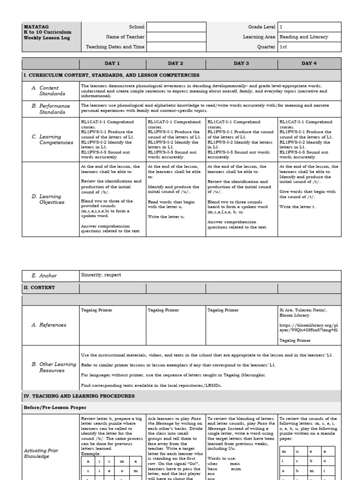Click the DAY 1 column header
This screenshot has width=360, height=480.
click(x=112, y=63)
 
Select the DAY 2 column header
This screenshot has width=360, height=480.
click(x=176, y=63)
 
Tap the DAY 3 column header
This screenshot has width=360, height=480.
click(x=241, y=63)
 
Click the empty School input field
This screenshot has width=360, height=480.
click(x=176, y=27)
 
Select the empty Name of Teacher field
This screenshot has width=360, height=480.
click(x=176, y=37)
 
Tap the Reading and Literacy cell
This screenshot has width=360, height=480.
click(x=304, y=37)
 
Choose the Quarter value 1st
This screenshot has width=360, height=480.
click(x=284, y=47)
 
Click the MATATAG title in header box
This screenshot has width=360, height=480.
click(x=32, y=27)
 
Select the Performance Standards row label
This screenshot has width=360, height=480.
click(x=52, y=109)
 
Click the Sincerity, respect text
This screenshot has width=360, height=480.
click(x=99, y=276)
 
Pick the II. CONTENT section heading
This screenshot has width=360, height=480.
click(x=39, y=287)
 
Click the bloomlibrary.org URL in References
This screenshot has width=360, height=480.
click(x=308, y=327)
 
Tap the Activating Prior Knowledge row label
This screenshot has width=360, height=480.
click(x=41, y=453)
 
